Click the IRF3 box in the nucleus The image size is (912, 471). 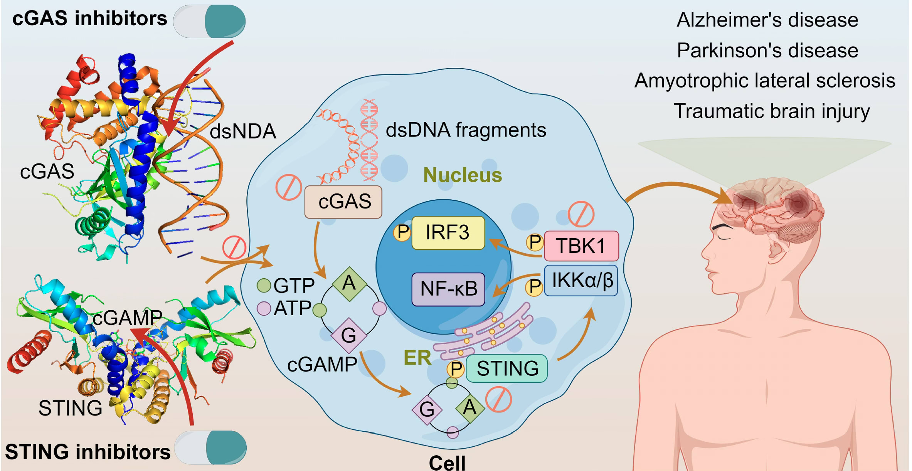(448, 233)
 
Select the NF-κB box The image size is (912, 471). (448, 289)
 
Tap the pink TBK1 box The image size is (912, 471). (581, 246)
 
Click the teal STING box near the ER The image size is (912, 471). (507, 368)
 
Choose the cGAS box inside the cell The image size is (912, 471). (343, 202)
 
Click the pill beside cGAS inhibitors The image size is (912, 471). (209, 21)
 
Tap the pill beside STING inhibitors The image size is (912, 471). (210, 447)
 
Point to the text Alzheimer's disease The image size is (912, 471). (767, 20)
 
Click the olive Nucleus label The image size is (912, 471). (463, 175)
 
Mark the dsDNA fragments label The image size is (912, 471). (466, 130)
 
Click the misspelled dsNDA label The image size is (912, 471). (243, 132)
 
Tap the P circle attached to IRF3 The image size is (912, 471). (402, 232)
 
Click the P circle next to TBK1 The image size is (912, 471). (535, 242)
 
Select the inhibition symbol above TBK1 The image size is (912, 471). (581, 214)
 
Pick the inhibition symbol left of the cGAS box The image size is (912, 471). (289, 187)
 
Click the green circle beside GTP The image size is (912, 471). (264, 285)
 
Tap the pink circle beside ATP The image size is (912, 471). (264, 308)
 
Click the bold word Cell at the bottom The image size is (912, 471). (447, 462)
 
